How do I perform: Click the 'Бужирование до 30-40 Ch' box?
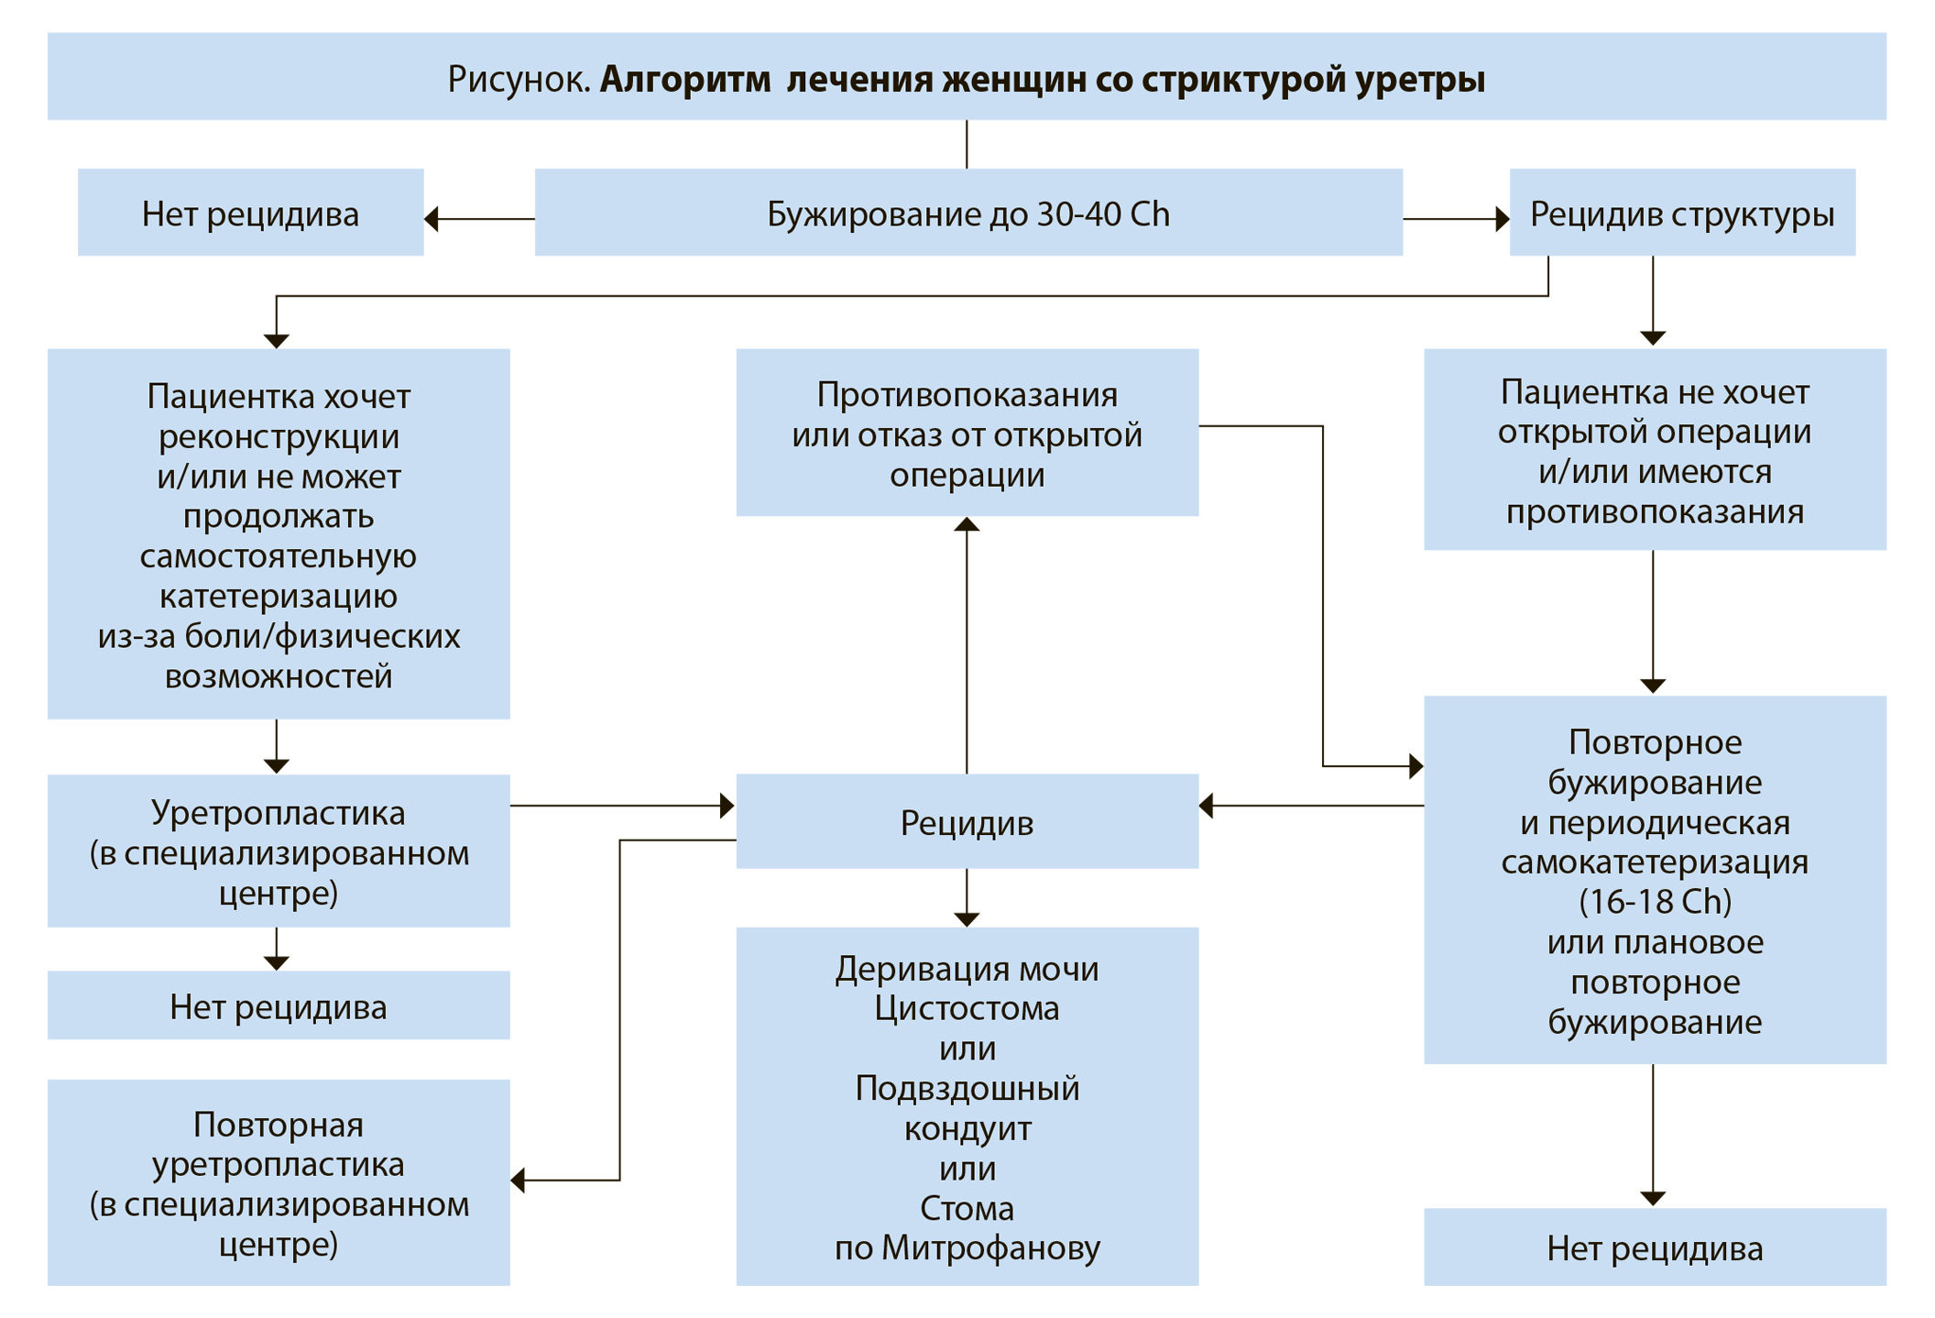pos(967,213)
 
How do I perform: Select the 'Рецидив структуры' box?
pos(1681,213)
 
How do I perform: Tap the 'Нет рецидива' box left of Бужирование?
pos(250,213)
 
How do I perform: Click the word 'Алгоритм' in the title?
pos(685,80)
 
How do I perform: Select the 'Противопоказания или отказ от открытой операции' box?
pos(967,433)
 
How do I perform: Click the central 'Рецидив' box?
pos(967,821)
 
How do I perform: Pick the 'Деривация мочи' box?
pos(967,1105)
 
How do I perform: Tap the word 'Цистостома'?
pos(967,1008)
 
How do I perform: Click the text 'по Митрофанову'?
pos(967,1248)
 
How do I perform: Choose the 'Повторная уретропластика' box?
pos(279,1182)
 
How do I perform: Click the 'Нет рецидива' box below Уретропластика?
pos(279,1005)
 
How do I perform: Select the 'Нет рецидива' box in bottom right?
pos(1654,1247)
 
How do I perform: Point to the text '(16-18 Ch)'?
pos(1655,902)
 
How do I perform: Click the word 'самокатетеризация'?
pos(1655,862)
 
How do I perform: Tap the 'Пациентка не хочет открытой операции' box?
pos(1654,449)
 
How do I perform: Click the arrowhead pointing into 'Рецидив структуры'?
pos(1502,219)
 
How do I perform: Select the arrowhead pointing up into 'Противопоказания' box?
pos(967,525)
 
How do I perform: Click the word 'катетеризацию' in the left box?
pos(279,596)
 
